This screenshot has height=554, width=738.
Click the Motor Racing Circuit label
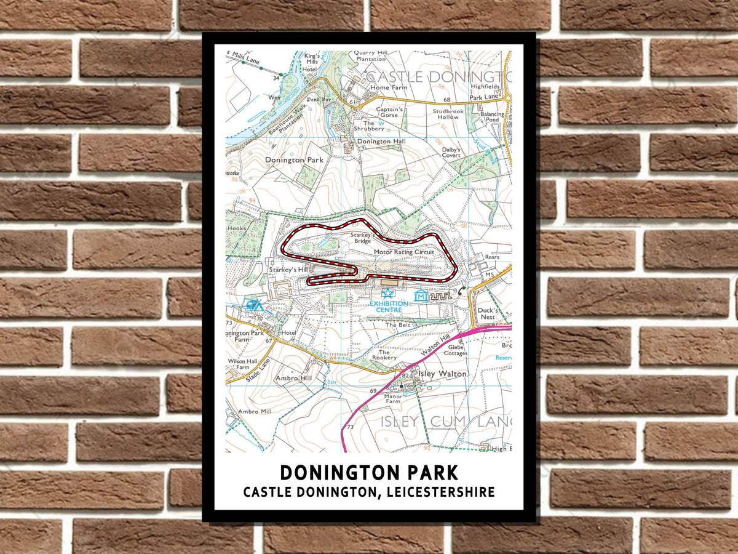pyautogui.click(x=403, y=252)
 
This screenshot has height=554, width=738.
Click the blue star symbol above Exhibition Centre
pyautogui.click(x=387, y=294)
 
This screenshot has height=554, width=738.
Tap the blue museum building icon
pyautogui.click(x=421, y=296)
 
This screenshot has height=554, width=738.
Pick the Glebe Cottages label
pyautogui.click(x=456, y=350)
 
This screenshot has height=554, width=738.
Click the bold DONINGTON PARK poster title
pyautogui.click(x=369, y=473)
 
